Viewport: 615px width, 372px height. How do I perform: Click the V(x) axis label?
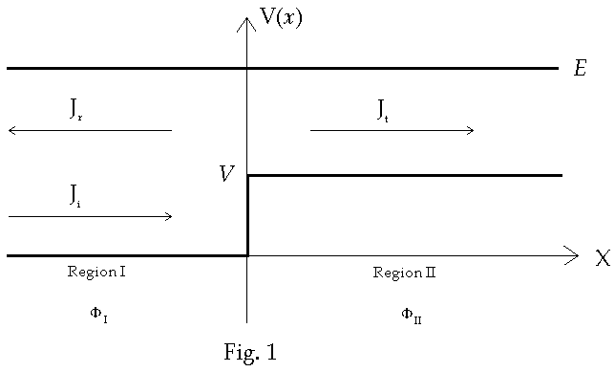point(281,18)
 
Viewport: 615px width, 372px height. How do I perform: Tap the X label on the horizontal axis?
point(602,259)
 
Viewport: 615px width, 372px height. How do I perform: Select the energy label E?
point(579,69)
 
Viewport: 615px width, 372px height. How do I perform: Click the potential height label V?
point(226,174)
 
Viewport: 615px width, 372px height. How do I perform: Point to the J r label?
point(76,108)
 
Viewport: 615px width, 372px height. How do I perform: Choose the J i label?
point(75,195)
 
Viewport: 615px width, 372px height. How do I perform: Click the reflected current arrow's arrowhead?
point(11,130)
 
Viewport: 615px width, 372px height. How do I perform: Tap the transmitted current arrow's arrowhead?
point(470,130)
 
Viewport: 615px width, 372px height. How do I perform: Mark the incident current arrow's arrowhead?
point(168,216)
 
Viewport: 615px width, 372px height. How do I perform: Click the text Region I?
point(96,272)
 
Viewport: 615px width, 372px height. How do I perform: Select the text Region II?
point(404,273)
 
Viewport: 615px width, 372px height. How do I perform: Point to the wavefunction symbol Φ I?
point(98,314)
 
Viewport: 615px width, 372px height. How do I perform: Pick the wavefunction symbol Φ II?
point(411,314)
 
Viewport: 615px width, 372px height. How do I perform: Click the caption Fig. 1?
point(250,353)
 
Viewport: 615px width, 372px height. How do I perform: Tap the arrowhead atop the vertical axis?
point(246,22)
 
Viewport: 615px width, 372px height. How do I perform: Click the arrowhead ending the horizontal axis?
point(572,255)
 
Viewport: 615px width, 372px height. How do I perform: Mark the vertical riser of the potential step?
point(247,215)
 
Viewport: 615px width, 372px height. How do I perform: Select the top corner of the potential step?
point(248,175)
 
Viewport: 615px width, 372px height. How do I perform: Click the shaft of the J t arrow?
point(392,130)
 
